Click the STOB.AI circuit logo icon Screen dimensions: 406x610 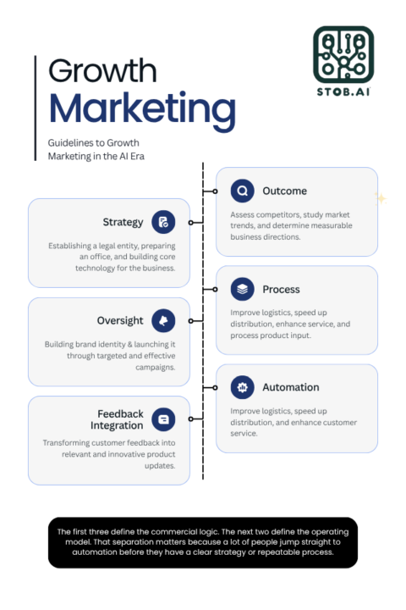pyautogui.click(x=343, y=55)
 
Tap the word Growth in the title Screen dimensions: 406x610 pyautogui.click(x=102, y=71)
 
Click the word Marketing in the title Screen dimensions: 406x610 pyautogui.click(x=142, y=110)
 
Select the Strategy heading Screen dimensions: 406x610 pyautogui.click(x=123, y=222)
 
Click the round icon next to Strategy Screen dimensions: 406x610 pyautogui.click(x=163, y=222)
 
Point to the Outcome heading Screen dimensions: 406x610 pyautogui.click(x=284, y=191)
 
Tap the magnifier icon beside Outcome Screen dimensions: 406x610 pyautogui.click(x=243, y=191)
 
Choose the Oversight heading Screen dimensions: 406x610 pyautogui.click(x=120, y=320)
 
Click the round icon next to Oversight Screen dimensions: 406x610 pyautogui.click(x=163, y=320)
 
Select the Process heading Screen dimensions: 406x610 pyautogui.click(x=281, y=290)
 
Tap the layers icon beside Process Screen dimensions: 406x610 pyautogui.click(x=243, y=289)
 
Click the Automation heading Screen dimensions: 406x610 pyautogui.click(x=291, y=387)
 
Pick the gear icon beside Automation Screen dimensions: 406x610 pyautogui.click(x=243, y=387)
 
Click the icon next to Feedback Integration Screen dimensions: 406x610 pyautogui.click(x=163, y=419)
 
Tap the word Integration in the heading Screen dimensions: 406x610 pyautogui.click(x=117, y=426)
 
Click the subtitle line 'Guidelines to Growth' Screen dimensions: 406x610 pyautogui.click(x=93, y=143)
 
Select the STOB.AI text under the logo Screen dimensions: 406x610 pyautogui.click(x=343, y=91)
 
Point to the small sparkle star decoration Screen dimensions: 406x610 pyautogui.click(x=381, y=198)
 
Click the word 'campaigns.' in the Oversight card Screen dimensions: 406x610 pyautogui.click(x=155, y=367)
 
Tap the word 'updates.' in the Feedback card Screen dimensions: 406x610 pyautogui.click(x=160, y=466)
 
